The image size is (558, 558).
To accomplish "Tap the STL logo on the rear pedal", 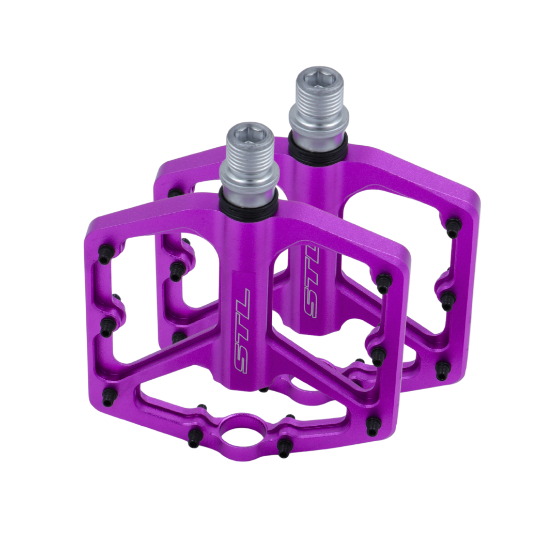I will (x=311, y=281).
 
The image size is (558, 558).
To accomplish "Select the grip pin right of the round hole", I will (x=284, y=446).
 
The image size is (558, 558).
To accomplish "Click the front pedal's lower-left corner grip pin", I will (x=109, y=397).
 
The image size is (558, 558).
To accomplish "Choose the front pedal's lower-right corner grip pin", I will (x=373, y=426).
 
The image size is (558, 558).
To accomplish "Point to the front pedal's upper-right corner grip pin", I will (x=383, y=283).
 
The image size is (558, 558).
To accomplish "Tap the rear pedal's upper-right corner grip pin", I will (x=453, y=227).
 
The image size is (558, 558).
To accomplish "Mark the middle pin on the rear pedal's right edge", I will (x=448, y=300).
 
